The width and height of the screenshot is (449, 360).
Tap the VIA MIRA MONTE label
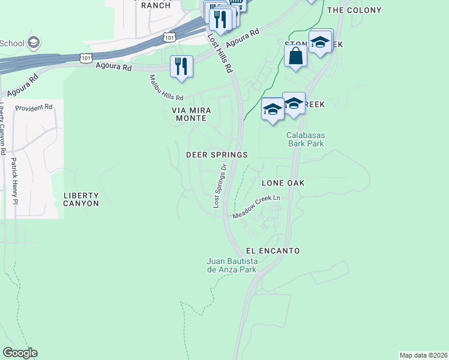[189, 115]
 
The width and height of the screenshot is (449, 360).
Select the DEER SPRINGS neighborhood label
[217, 155]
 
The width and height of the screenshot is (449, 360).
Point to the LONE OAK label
[283, 182]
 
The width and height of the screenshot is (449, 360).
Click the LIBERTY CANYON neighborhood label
[81, 200]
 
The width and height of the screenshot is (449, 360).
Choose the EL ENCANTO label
[273, 250]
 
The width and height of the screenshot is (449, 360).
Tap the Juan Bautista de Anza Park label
[232, 266]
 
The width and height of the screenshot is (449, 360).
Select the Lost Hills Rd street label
[220, 53]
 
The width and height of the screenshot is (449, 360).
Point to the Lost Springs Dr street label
[220, 187]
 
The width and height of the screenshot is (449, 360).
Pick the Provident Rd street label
[34, 107]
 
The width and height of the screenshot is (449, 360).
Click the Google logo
[20, 353]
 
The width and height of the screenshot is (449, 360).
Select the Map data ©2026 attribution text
[423, 355]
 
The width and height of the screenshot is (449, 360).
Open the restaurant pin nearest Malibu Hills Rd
[181, 65]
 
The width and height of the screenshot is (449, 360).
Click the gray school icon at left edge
[34, 43]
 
